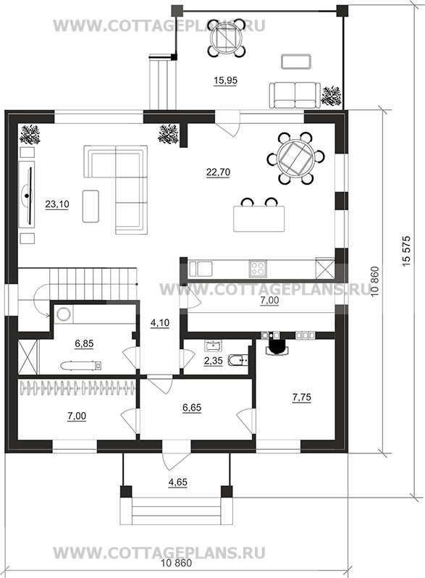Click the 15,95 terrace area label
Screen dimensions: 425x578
point(225,80)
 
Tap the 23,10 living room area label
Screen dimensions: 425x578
point(57,204)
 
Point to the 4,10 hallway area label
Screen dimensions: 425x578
point(160,323)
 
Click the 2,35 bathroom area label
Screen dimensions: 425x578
point(214,360)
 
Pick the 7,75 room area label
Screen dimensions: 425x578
point(301,397)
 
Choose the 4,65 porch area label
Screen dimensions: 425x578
point(177,482)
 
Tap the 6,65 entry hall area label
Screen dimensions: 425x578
point(192,408)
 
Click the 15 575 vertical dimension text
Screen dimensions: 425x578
point(406,251)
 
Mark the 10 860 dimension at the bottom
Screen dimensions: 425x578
point(177,564)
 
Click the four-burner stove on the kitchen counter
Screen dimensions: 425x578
point(258,268)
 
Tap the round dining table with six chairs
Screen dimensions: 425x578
point(295,159)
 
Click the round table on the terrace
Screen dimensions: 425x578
point(226,38)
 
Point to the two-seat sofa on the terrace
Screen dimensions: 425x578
point(295,95)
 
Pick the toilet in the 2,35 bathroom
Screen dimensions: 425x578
point(237,360)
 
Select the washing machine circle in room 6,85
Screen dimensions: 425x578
point(64,314)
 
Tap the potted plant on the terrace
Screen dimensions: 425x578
point(331,96)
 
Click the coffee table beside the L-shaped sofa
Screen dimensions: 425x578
point(91,206)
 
